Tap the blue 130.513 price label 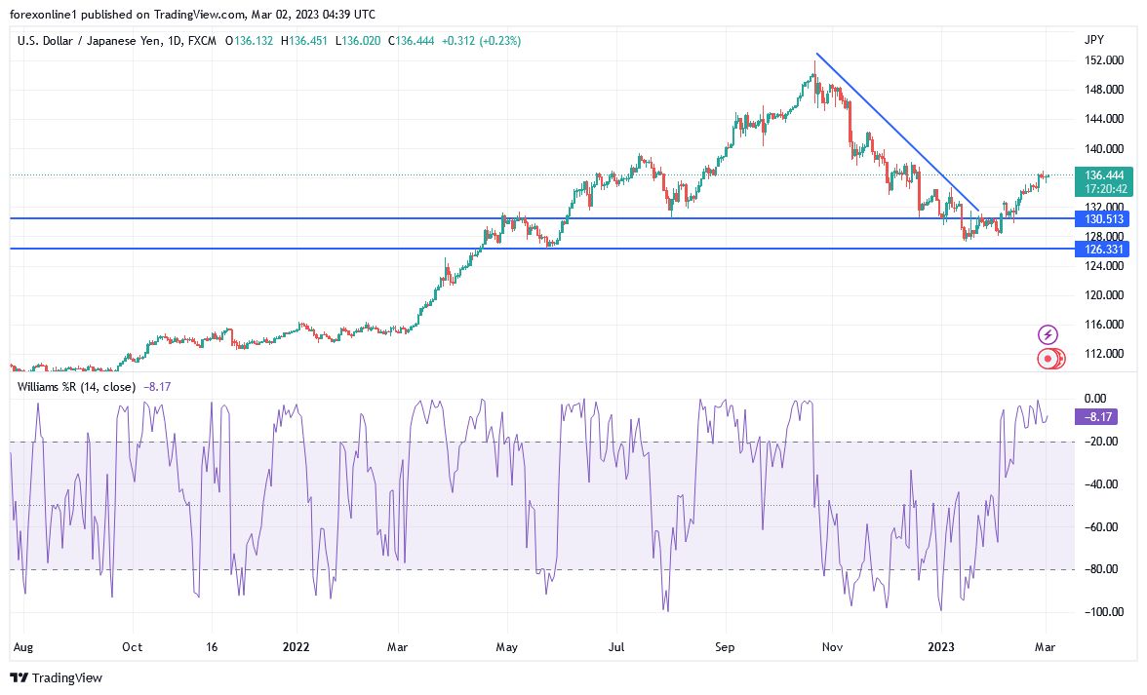(1099, 218)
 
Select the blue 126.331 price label (1099, 249)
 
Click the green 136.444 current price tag (1099, 174)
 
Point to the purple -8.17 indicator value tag (1094, 416)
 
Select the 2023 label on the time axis (942, 646)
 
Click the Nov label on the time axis (832, 646)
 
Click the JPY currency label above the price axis (1094, 39)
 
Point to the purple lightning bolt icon (1048, 334)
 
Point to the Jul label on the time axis (615, 646)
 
